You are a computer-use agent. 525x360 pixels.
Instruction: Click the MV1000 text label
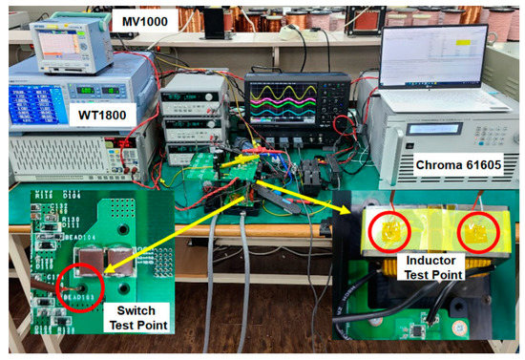click(x=138, y=19)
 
